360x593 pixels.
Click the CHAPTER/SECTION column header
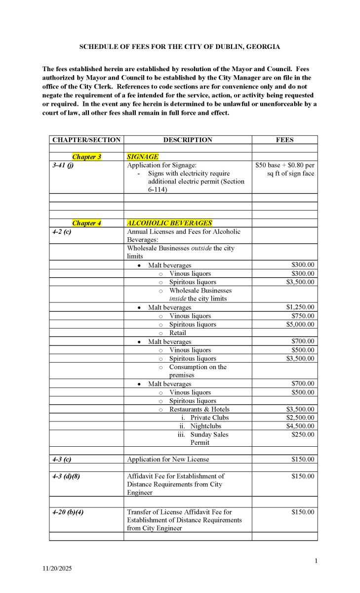point(86,140)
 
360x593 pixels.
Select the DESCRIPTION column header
point(188,140)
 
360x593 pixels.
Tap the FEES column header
point(284,140)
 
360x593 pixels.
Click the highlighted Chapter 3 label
point(86,157)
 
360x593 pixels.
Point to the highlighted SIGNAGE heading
point(143,157)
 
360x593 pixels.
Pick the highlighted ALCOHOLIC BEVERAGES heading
point(169,223)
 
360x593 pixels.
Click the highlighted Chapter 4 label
point(86,223)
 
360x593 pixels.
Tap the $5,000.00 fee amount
point(300,325)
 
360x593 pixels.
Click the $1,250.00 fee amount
point(300,307)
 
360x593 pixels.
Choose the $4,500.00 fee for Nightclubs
point(300,426)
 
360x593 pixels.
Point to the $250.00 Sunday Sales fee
point(303,434)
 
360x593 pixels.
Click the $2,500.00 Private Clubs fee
point(300,418)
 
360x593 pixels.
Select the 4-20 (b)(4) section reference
point(68,512)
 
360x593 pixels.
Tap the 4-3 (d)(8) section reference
point(66,476)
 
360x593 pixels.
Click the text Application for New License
point(168,459)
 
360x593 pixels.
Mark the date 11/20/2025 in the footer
point(57,569)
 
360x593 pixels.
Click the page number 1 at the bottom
point(316,560)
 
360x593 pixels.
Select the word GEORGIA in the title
point(264,46)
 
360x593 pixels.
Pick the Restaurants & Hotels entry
point(199,409)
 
